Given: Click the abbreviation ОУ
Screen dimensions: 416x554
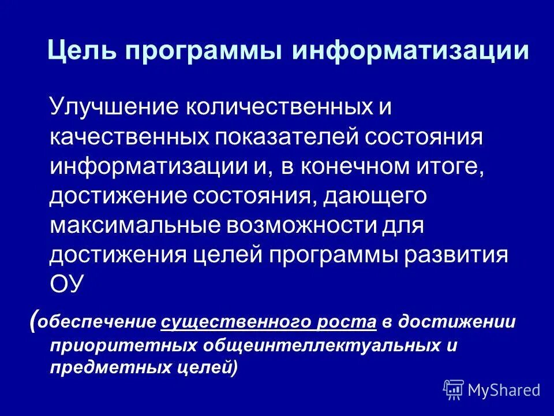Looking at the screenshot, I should tap(68, 285).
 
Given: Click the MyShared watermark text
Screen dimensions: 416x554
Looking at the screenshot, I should tap(504, 390).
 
